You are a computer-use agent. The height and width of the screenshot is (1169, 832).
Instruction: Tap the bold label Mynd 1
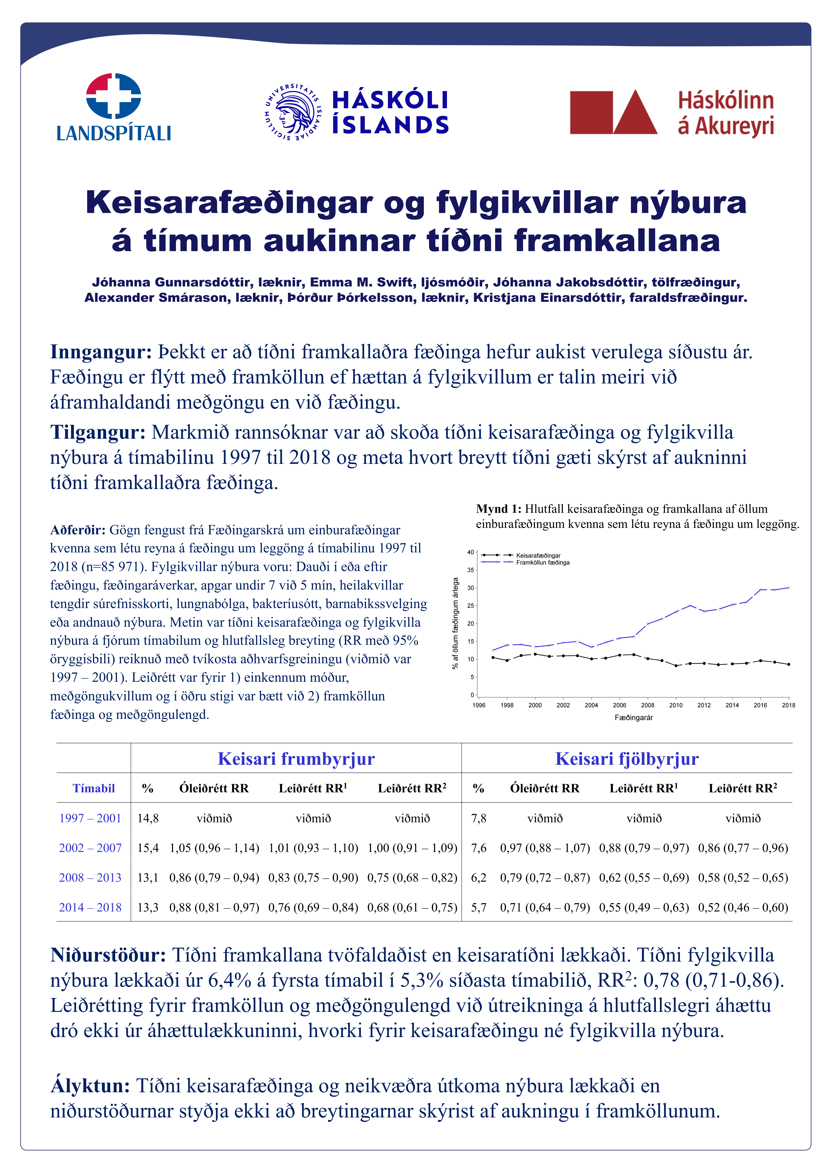[498, 509]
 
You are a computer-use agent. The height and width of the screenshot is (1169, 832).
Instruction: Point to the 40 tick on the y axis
[470, 552]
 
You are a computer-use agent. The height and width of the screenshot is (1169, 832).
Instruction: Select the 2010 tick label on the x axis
[676, 705]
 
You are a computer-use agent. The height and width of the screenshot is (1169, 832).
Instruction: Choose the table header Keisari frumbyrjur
[296, 759]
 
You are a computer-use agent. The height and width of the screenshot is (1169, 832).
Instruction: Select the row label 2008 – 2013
[90, 878]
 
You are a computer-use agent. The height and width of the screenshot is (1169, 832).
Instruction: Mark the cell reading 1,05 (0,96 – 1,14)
[214, 848]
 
